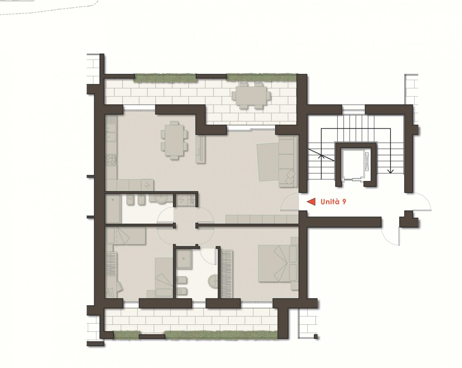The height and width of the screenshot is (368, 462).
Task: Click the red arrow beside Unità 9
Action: click(311, 202)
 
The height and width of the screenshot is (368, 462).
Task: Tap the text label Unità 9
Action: click(333, 202)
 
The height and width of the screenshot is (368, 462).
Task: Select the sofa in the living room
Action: click(288, 161)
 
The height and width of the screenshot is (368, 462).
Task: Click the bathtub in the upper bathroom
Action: click(113, 209)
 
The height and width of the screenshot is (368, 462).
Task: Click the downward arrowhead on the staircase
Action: click(390, 171)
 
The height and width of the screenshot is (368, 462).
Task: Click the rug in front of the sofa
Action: click(268, 162)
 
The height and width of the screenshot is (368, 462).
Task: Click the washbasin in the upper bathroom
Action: click(161, 199)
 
